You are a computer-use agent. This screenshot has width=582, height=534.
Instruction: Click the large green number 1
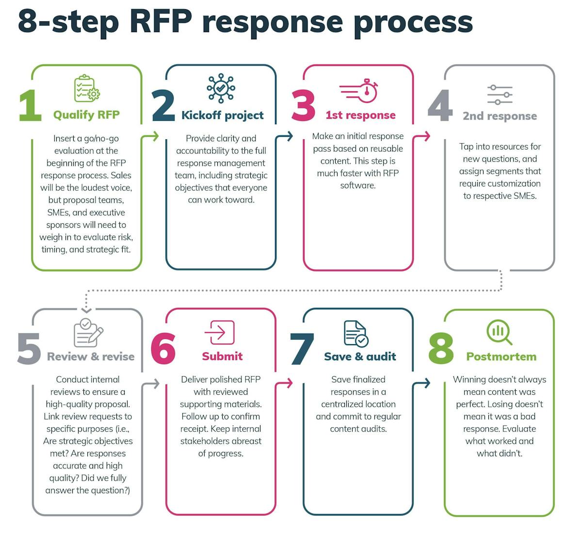point(30,105)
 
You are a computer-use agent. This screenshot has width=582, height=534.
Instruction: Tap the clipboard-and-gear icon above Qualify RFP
point(87,88)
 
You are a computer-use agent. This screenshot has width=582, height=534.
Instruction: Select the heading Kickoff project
point(222,115)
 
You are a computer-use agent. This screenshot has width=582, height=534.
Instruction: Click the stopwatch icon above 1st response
point(359,90)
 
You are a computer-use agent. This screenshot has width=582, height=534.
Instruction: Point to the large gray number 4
point(440,105)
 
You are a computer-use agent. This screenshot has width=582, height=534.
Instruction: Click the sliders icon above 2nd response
point(500,95)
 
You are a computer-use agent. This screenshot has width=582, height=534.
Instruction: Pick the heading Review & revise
point(91,356)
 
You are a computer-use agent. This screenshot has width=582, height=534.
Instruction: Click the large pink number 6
point(163,348)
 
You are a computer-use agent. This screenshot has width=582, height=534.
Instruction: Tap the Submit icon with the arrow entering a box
point(220,333)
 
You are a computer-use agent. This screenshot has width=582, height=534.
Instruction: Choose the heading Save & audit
point(360,356)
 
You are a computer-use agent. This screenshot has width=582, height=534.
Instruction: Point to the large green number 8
point(441,348)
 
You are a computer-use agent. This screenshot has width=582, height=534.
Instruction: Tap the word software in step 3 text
point(358,185)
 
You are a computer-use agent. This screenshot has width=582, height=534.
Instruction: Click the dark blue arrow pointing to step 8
point(425,383)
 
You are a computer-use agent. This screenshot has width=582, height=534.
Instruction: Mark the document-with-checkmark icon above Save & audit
point(356,334)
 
